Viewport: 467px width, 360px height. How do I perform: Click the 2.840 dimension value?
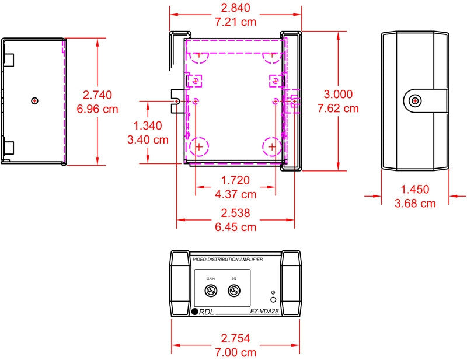pyautogui.click(x=235, y=8)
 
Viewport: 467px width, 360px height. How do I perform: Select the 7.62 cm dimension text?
pyautogui.click(x=338, y=108)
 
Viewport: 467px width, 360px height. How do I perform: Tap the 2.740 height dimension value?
pyautogui.click(x=97, y=95)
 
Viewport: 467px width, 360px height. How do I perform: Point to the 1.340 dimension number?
pyautogui.click(x=148, y=125)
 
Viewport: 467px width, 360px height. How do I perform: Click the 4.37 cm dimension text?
pyautogui.click(x=236, y=194)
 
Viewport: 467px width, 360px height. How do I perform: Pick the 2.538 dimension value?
pyautogui.click(x=235, y=213)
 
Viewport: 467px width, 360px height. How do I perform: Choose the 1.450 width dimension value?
pyautogui.click(x=415, y=190)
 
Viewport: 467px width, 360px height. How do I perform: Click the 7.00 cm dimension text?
pyautogui.click(x=236, y=352)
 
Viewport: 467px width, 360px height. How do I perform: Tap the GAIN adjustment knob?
pyautogui.click(x=211, y=291)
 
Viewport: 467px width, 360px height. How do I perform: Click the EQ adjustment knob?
pyautogui.click(x=234, y=291)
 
